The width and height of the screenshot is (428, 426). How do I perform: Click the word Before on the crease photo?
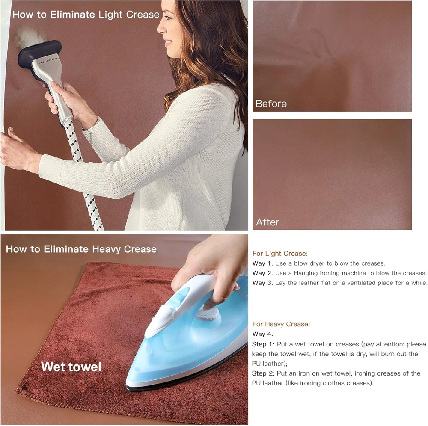point(271,104)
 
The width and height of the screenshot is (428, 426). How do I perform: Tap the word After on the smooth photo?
point(267,222)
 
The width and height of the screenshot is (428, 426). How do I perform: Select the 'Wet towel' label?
point(71,367)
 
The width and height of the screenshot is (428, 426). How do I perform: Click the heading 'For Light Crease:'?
point(280,254)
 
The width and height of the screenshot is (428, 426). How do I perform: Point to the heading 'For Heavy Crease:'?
point(281,324)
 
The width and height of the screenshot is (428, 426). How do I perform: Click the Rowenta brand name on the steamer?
point(48,61)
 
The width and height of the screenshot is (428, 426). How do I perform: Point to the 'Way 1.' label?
point(263,263)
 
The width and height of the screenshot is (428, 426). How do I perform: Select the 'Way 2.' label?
point(263,273)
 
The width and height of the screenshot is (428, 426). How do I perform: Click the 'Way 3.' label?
point(263,283)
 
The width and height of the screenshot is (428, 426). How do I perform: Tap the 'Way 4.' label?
point(263,334)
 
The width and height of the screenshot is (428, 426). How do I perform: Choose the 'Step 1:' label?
point(263,344)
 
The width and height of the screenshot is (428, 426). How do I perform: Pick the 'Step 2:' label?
point(263,373)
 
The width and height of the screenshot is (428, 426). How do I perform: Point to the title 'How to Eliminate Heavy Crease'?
point(81,249)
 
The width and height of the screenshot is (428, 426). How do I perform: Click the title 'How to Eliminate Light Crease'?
point(86,15)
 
